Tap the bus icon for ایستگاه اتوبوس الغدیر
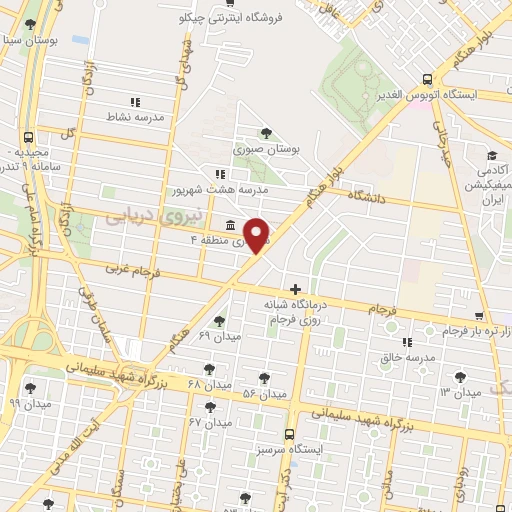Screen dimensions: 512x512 427,79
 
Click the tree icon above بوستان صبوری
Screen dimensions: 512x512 266,133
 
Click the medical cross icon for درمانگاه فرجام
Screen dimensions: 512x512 295,289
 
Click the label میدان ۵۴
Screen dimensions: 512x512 265,393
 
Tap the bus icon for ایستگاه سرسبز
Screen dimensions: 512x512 289,434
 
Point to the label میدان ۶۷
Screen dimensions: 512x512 211,422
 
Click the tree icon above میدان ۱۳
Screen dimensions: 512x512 460,377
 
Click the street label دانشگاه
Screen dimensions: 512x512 366,199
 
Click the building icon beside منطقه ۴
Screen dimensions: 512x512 231,224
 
